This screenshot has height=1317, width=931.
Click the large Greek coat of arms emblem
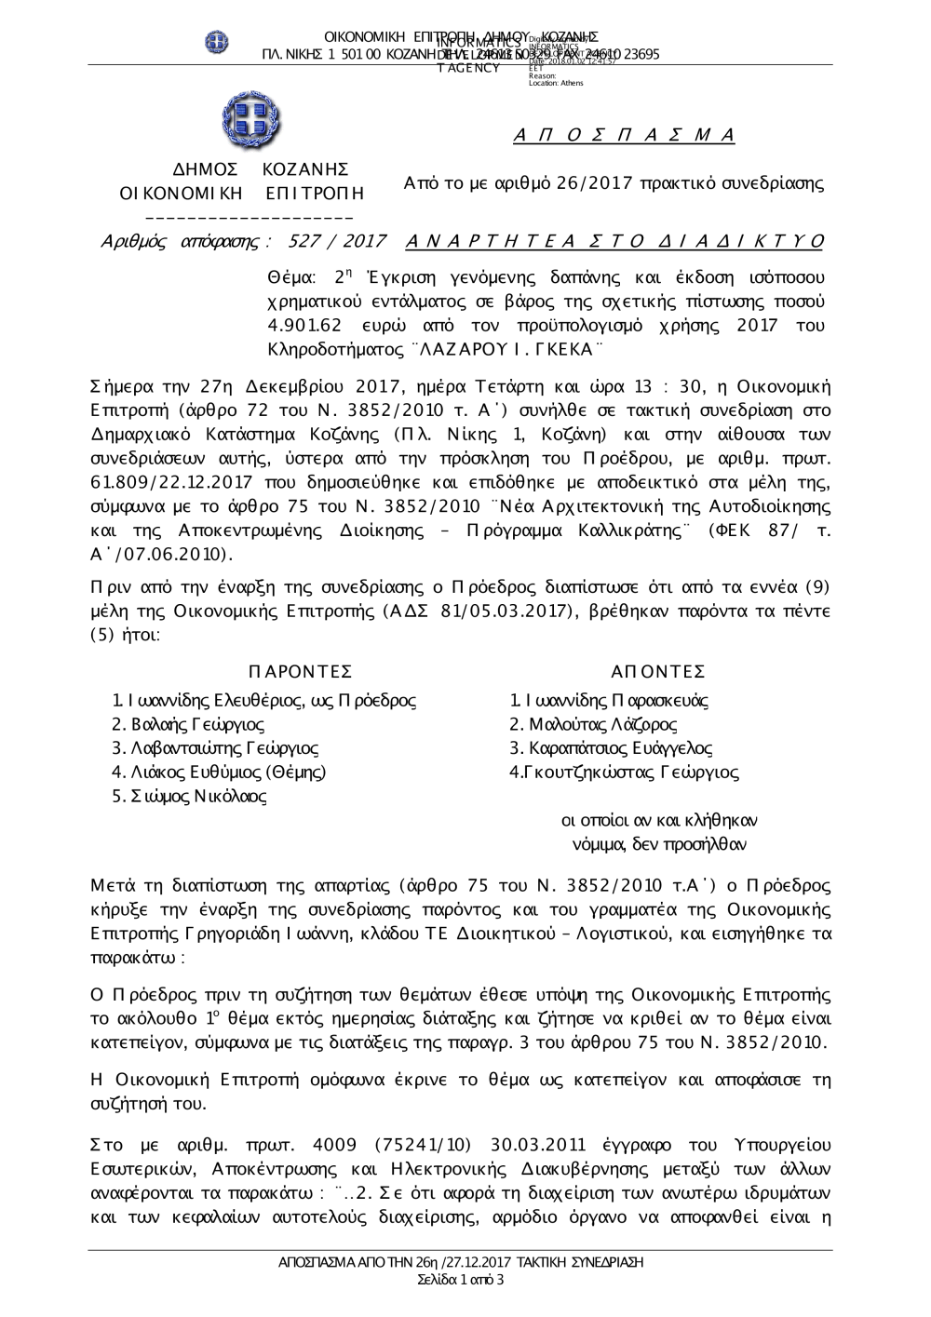pyautogui.click(x=250, y=122)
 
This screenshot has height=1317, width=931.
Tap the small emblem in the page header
pyautogui.click(x=217, y=42)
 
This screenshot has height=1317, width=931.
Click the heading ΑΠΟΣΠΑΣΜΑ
pyautogui.click(x=625, y=136)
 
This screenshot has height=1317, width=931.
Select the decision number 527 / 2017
pyautogui.click(x=338, y=242)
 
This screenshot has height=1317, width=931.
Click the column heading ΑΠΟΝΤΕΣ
pyautogui.click(x=658, y=672)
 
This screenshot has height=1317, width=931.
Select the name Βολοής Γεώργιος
pyautogui.click(x=187, y=724)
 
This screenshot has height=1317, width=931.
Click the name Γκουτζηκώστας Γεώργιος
pyautogui.click(x=625, y=773)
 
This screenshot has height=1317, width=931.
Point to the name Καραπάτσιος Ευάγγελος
pyautogui.click(x=611, y=748)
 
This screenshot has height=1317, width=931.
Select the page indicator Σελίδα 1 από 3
pyautogui.click(x=461, y=1280)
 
